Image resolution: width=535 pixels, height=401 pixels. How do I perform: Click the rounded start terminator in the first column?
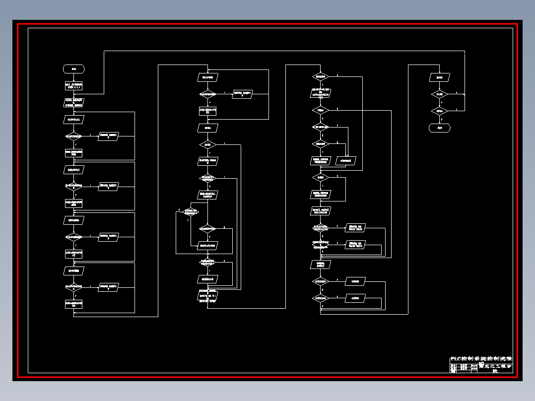tap(73, 68)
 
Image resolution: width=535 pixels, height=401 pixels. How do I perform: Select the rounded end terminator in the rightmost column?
tap(440, 128)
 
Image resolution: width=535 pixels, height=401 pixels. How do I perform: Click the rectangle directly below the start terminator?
tap(73, 86)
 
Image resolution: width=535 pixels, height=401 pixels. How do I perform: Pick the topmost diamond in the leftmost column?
tap(73, 136)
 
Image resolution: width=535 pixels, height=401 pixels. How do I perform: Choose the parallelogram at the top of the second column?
tap(208, 77)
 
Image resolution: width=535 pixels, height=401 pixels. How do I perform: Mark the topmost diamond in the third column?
tap(321, 76)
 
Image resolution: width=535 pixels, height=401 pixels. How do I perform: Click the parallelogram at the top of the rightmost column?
tap(440, 77)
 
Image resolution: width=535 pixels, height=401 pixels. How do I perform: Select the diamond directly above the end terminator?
tap(440, 111)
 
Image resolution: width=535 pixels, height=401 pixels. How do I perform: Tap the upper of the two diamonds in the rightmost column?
tap(440, 94)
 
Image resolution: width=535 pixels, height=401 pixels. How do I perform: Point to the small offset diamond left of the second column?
tap(191, 212)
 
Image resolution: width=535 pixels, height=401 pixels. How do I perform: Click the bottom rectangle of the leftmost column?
tap(73, 303)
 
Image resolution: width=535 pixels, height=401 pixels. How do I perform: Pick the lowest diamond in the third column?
tap(321, 298)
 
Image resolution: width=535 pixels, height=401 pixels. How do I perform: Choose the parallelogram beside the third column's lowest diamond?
tap(355, 298)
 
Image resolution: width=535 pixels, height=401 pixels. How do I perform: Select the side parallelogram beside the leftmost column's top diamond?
tap(108, 135)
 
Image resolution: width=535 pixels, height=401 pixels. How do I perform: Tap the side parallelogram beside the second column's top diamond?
tap(243, 94)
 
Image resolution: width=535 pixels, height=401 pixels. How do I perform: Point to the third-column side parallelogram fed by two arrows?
tap(346, 160)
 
